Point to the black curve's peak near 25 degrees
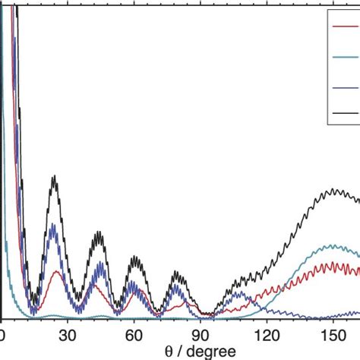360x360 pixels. coord(54,177)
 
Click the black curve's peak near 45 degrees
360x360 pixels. coord(98,233)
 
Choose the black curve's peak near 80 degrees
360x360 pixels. coord(178,272)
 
